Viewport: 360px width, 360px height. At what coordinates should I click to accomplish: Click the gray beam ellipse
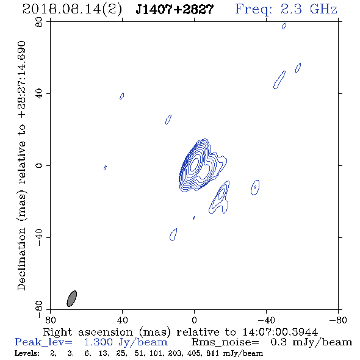point(71,298)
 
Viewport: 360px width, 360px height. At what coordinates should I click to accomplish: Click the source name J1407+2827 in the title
point(175,10)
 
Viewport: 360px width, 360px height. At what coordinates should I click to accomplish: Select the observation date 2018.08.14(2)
point(72,10)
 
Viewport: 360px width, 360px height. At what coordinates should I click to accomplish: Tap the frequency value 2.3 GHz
point(309,9)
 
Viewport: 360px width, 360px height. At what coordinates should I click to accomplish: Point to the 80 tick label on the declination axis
point(39,22)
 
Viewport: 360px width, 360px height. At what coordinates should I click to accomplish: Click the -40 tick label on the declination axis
point(39,237)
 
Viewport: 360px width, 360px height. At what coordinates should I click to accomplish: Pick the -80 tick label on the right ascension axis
point(338,320)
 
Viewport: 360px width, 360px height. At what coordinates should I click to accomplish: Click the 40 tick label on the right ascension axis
point(122,320)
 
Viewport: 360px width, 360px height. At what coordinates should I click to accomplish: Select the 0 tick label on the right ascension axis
point(194,320)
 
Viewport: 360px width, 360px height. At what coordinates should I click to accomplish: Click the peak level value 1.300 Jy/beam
point(126,342)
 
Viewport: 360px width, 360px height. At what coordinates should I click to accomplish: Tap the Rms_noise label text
point(225,342)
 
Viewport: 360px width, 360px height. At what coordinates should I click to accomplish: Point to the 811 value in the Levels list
point(212,353)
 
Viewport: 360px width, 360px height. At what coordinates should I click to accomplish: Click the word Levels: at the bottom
point(27,353)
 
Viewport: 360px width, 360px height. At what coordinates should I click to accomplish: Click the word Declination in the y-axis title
point(21,259)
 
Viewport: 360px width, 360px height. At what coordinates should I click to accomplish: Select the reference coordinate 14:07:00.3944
point(280,332)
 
